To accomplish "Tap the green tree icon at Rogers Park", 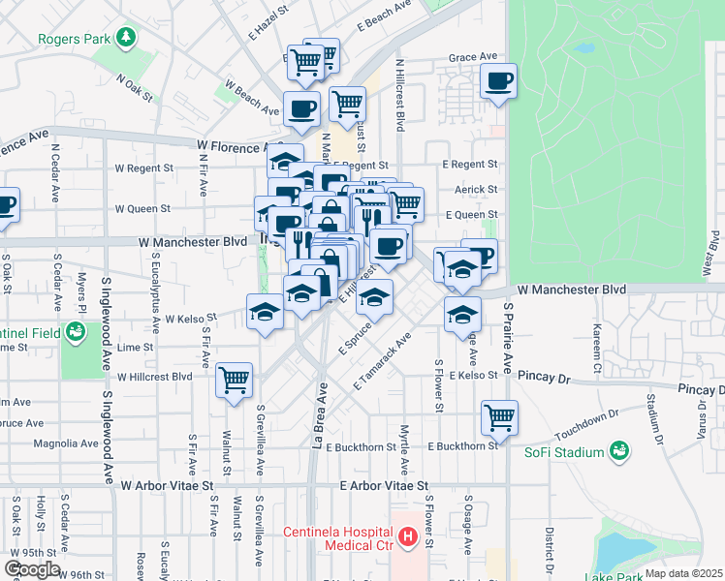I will [x=125, y=38].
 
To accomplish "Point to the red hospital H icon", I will [x=409, y=535].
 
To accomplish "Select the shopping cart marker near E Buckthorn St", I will [x=499, y=417].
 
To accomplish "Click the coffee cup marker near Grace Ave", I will [x=499, y=81].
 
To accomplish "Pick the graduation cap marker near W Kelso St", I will [x=264, y=311].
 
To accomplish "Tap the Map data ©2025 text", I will [x=683, y=573].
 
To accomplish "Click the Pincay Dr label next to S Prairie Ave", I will [x=547, y=374].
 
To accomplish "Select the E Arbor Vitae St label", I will [x=383, y=485].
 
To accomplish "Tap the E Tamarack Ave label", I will [x=384, y=362].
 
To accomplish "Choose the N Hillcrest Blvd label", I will [x=399, y=96].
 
